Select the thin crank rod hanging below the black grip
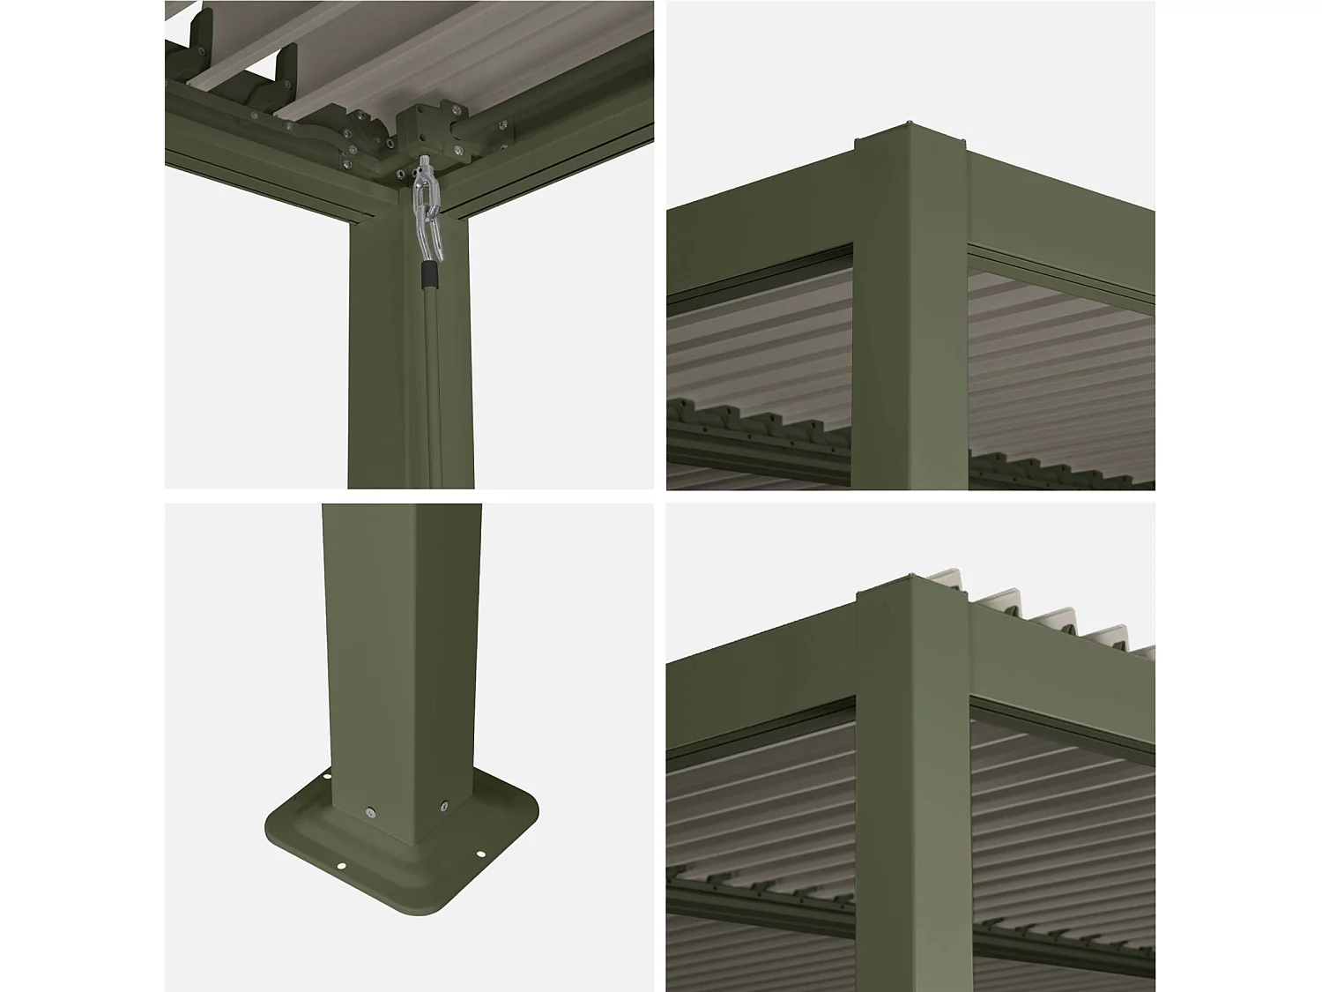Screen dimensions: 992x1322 tap(432, 379)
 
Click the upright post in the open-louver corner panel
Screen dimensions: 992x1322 tap(912, 794)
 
